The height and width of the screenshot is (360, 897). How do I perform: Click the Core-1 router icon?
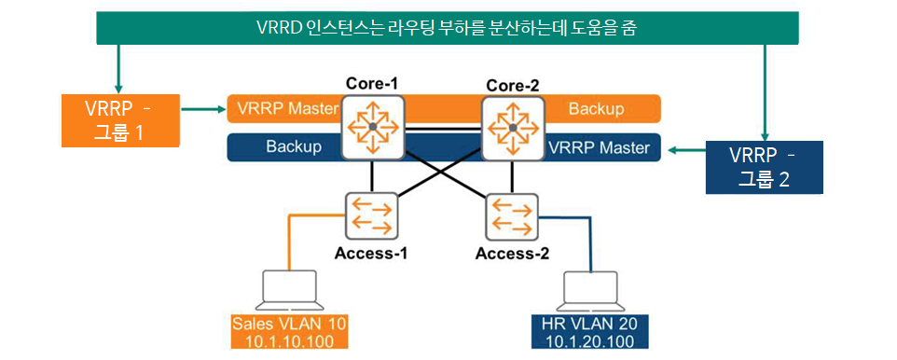(373, 128)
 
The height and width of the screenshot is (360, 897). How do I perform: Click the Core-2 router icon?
(513, 128)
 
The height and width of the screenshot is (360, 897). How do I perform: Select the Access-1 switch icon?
(371, 215)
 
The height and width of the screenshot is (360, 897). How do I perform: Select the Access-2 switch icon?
(511, 216)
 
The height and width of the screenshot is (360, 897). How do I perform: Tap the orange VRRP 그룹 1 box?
(120, 120)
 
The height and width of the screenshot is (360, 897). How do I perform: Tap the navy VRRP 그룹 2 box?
(764, 167)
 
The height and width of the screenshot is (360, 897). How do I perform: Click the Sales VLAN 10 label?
(289, 331)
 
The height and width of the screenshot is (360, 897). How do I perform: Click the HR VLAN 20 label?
(590, 331)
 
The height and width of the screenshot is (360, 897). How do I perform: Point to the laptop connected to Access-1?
(289, 289)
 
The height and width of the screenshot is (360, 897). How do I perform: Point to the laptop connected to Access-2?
(590, 289)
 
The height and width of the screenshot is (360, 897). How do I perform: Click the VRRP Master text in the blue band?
(599, 147)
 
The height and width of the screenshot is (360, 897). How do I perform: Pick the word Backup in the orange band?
(596, 108)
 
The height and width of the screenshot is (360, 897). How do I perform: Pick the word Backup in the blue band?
(294, 147)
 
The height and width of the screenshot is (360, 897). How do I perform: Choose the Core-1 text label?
(373, 84)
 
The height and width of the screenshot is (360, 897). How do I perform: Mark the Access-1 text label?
(371, 253)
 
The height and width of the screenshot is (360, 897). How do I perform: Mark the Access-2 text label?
(512, 254)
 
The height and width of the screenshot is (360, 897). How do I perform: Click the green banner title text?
(448, 27)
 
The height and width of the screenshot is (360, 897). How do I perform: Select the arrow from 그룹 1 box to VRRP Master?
(203, 108)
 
